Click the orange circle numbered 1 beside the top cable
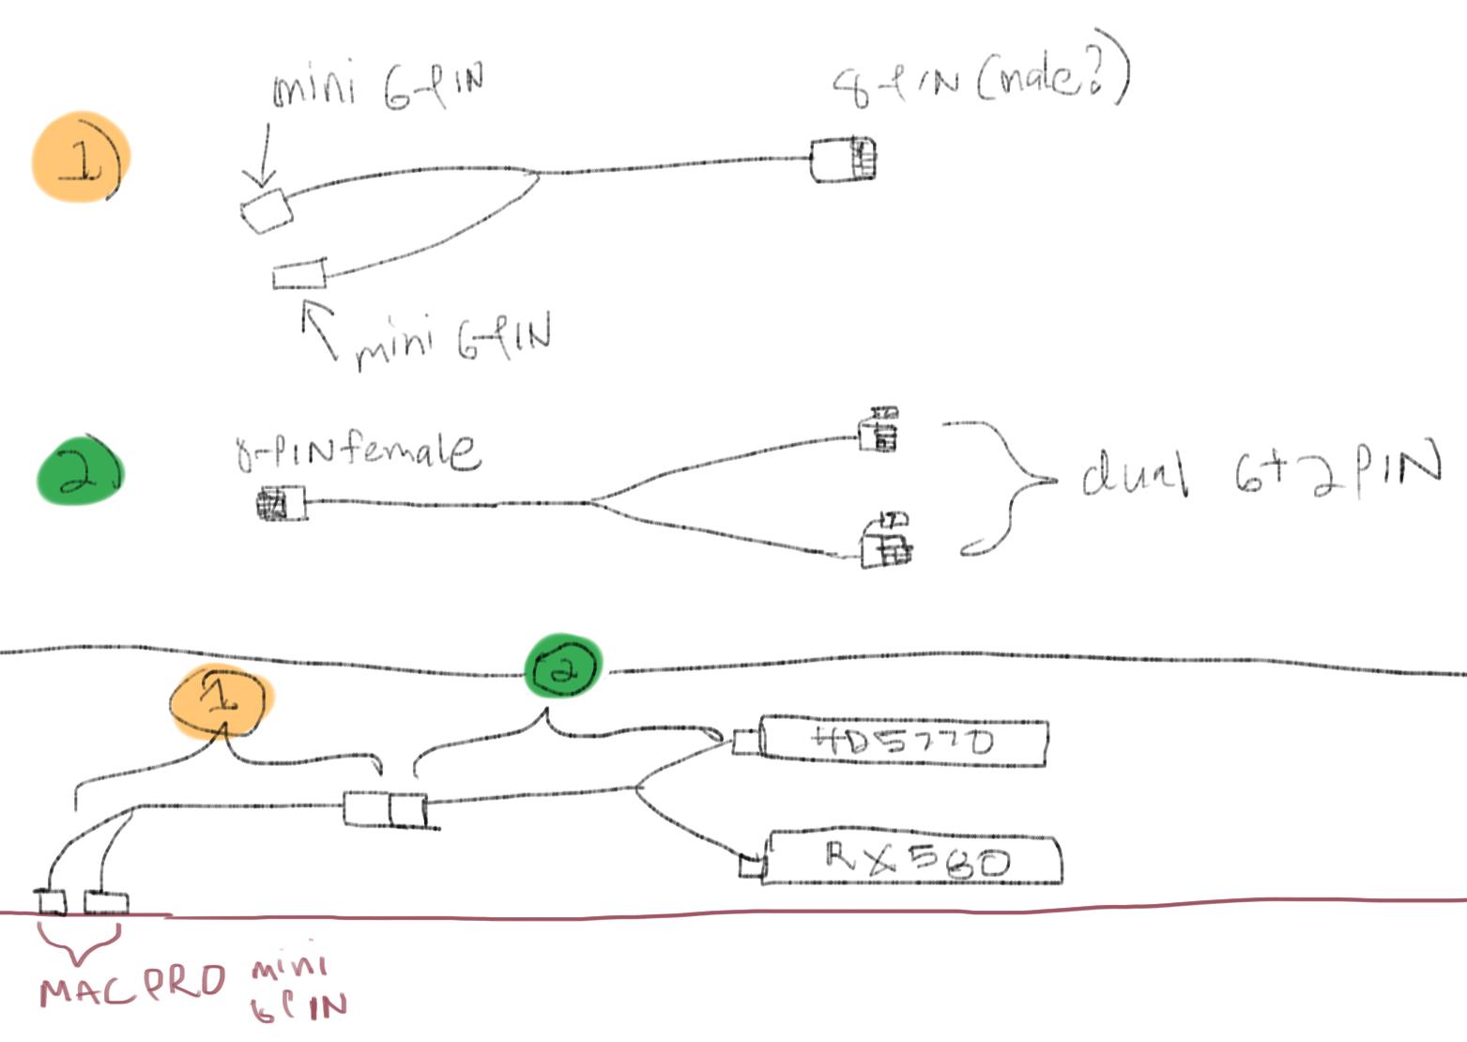pyautogui.click(x=81, y=158)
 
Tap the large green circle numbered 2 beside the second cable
pyautogui.click(x=79, y=472)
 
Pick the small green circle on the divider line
pyautogui.click(x=562, y=667)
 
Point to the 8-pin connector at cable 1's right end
pyautogui.click(x=843, y=160)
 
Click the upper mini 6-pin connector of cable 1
pyautogui.click(x=267, y=209)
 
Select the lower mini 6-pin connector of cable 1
pyautogui.click(x=299, y=275)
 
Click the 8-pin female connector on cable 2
pyautogui.click(x=281, y=505)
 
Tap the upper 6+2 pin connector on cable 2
pyautogui.click(x=879, y=431)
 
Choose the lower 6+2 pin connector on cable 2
pyautogui.click(x=885, y=544)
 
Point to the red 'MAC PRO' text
pyautogui.click(x=132, y=985)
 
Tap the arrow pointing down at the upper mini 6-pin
pyautogui.click(x=263, y=156)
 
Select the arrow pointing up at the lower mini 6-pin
pyautogui.click(x=321, y=329)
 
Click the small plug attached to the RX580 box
pyautogui.click(x=751, y=865)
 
